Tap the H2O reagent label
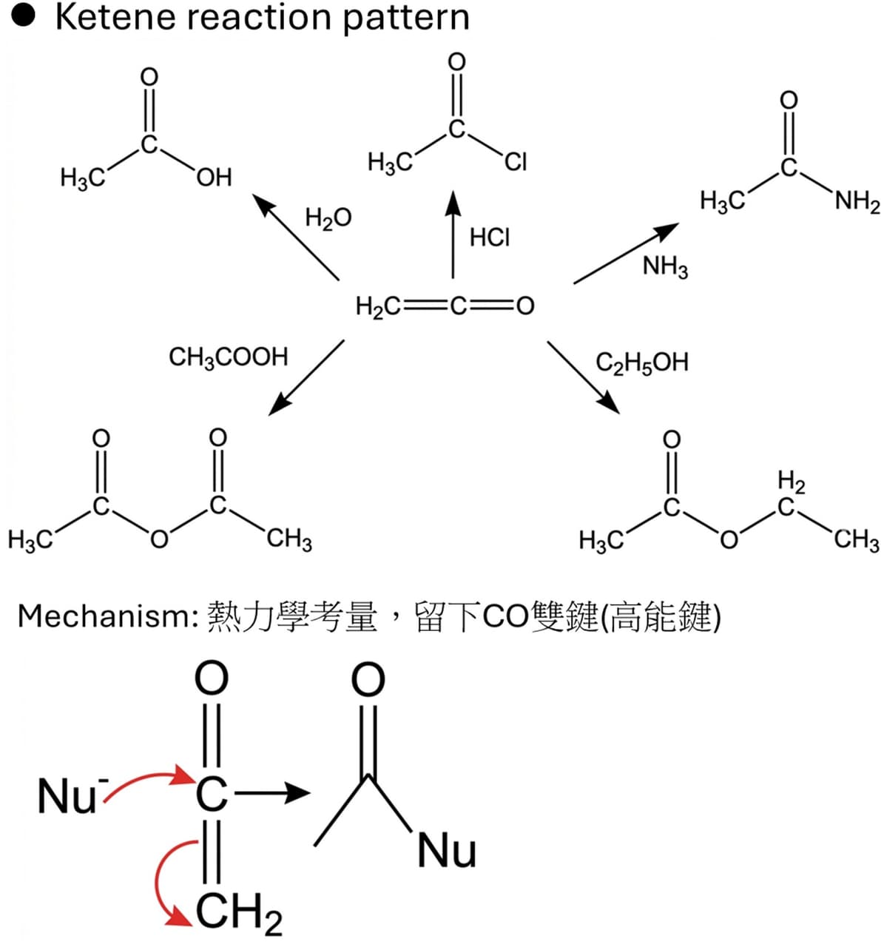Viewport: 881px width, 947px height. (328, 218)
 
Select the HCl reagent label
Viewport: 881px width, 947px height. (490, 237)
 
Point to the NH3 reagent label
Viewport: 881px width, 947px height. (666, 266)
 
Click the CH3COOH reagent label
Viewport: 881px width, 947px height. (229, 357)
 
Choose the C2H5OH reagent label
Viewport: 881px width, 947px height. (642, 363)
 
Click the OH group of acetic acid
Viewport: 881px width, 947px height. (215, 178)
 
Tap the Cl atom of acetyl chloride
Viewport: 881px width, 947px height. (516, 162)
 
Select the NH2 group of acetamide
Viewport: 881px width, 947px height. (857, 201)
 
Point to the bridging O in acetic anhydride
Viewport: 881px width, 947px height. (159, 539)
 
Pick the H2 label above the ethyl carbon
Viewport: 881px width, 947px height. (791, 482)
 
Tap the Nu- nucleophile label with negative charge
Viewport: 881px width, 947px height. (73, 795)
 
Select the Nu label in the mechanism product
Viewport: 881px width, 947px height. (447, 851)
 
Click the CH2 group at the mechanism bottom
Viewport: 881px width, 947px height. (239, 911)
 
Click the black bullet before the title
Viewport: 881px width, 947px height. (24, 16)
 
